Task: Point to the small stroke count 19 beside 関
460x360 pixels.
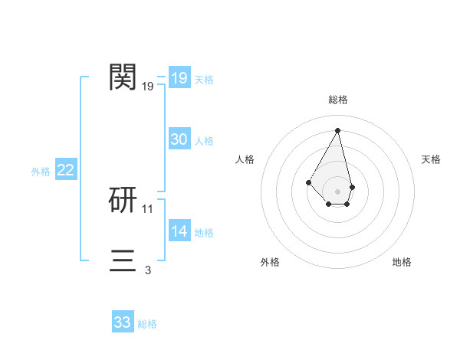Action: [148, 87]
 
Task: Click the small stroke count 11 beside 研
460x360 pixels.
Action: [148, 208]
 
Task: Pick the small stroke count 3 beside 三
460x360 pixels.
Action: [148, 270]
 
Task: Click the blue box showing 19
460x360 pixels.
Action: [179, 78]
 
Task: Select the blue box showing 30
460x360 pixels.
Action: [179, 139]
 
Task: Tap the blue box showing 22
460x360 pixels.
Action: [65, 170]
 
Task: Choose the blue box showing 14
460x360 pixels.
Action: [179, 231]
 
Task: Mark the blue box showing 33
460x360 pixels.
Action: [122, 322]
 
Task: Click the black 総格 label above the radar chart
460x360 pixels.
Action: [338, 100]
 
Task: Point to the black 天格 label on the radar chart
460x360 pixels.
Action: [431, 159]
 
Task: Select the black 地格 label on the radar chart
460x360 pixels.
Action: [402, 262]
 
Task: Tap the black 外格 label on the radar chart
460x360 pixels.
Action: [270, 262]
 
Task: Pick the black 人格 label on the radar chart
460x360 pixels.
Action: [245, 159]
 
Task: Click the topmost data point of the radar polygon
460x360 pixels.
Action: [338, 129]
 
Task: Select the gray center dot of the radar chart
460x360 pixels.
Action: [338, 191]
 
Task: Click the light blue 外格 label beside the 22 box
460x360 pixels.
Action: [41, 172]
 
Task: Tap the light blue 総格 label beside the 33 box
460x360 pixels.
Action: [147, 324]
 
